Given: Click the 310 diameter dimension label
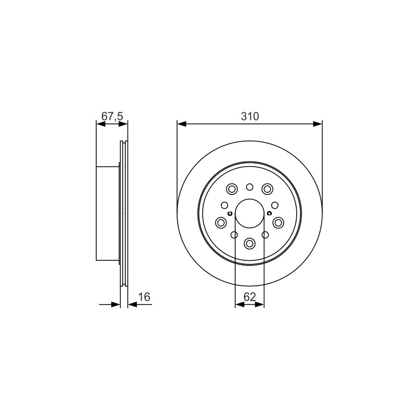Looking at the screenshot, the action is coord(250,116).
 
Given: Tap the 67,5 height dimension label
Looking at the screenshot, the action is coord(112,116).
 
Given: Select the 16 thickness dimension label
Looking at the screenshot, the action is coord(144,297).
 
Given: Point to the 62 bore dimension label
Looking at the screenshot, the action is coord(250,297).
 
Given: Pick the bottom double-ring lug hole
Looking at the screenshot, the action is coord(250,243).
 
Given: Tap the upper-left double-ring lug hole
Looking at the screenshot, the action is coord(231,189).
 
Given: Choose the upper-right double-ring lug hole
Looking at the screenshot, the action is coord(268,189).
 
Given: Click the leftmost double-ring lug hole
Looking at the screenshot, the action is coord(220,223).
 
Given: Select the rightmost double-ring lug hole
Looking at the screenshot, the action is coord(278,223).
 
